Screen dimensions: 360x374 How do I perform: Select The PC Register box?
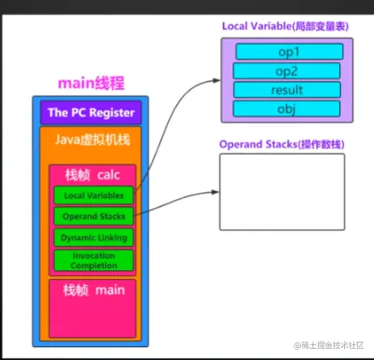point(91,112)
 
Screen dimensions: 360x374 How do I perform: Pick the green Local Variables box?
point(93,195)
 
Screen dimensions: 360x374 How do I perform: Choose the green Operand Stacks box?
point(93,216)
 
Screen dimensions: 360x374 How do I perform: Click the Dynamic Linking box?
point(93,238)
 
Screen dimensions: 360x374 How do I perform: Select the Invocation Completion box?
point(93,259)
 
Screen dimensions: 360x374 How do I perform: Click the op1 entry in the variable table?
point(288,51)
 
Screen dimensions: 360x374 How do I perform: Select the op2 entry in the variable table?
point(288,71)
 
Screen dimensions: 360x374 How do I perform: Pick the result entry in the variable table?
point(288,89)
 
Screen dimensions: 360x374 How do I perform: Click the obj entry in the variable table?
point(288,108)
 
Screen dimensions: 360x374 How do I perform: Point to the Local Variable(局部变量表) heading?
point(286,27)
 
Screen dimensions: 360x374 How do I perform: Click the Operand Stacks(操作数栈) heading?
point(282,144)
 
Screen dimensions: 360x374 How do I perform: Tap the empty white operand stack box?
point(282,191)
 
